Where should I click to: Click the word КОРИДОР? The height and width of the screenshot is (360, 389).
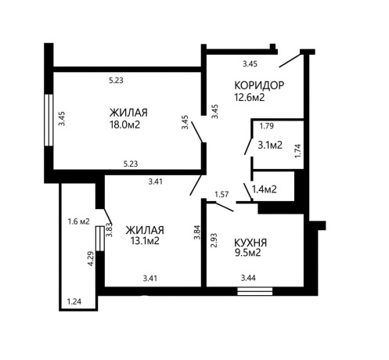point(259,85)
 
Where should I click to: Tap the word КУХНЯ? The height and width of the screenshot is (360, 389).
point(250,243)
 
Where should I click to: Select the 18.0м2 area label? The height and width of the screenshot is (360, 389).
point(125,124)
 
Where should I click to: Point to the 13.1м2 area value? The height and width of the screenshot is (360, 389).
point(145,240)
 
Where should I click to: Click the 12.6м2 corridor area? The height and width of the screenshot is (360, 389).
point(250,97)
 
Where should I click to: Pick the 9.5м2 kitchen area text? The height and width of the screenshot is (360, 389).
point(248,253)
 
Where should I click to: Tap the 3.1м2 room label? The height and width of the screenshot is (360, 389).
point(270,145)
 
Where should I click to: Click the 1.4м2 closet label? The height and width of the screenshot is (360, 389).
point(265,189)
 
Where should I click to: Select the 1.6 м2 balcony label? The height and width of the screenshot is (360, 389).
point(78,221)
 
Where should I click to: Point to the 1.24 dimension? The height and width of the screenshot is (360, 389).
point(74,301)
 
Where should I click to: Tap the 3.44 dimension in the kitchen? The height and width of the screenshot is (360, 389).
point(248,278)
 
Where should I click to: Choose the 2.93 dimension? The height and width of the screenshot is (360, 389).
point(214,240)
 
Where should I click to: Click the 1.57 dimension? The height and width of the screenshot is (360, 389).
point(222,194)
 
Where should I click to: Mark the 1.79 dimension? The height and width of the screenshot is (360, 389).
point(267,126)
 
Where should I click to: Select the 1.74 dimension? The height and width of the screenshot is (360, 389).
point(298,150)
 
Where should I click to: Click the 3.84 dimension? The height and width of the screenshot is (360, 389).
point(197,232)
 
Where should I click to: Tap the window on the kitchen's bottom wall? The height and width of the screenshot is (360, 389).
point(255,291)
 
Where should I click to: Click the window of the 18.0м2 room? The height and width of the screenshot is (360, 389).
point(49,120)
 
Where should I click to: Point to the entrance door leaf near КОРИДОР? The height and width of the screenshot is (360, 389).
point(290,60)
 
